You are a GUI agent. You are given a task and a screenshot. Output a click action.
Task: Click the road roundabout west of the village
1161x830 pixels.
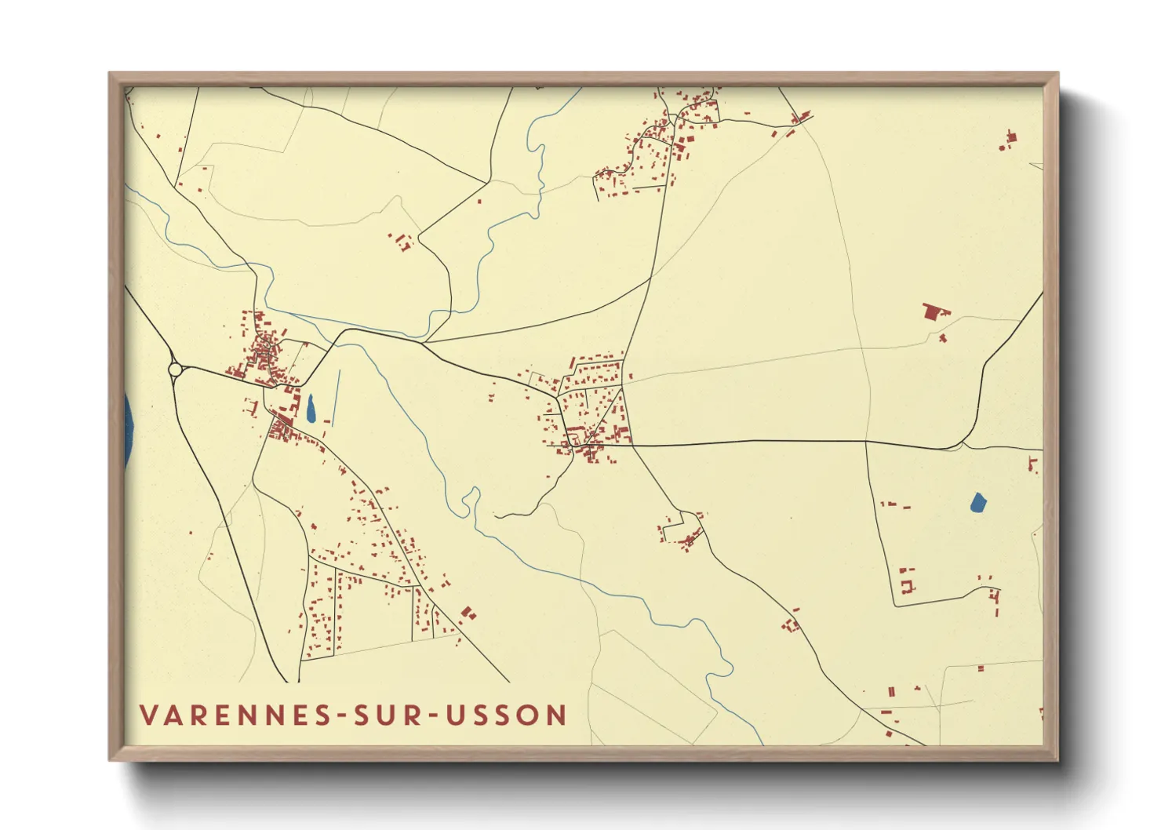click(x=176, y=369)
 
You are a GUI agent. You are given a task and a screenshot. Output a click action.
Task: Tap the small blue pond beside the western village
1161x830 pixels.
click(x=311, y=407)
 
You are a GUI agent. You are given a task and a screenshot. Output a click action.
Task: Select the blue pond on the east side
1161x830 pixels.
click(x=977, y=502)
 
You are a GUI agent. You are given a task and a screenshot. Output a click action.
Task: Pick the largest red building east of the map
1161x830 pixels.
click(x=932, y=311)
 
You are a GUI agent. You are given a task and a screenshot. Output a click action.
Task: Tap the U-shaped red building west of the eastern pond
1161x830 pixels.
click(x=907, y=586)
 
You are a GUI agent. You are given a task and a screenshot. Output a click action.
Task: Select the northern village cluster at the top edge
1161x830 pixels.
click(x=675, y=133)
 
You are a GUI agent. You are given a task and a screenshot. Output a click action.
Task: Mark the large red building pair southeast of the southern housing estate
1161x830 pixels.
click(x=468, y=613)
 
